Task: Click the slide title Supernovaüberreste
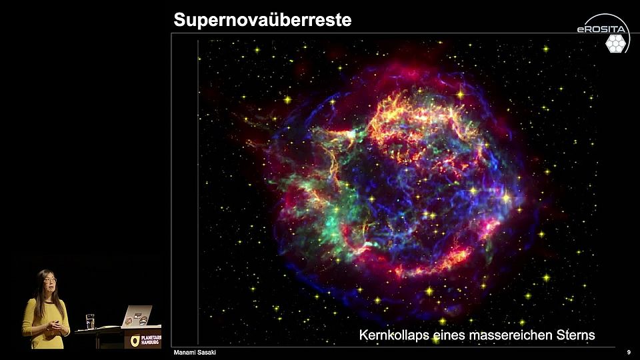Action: click(x=262, y=20)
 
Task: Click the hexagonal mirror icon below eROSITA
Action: click(x=615, y=43)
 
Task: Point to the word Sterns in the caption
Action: click(x=575, y=335)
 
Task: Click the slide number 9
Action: click(x=629, y=352)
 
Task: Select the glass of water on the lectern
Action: click(x=91, y=321)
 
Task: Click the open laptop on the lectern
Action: click(x=138, y=317)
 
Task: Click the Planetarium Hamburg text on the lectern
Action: click(x=150, y=339)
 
